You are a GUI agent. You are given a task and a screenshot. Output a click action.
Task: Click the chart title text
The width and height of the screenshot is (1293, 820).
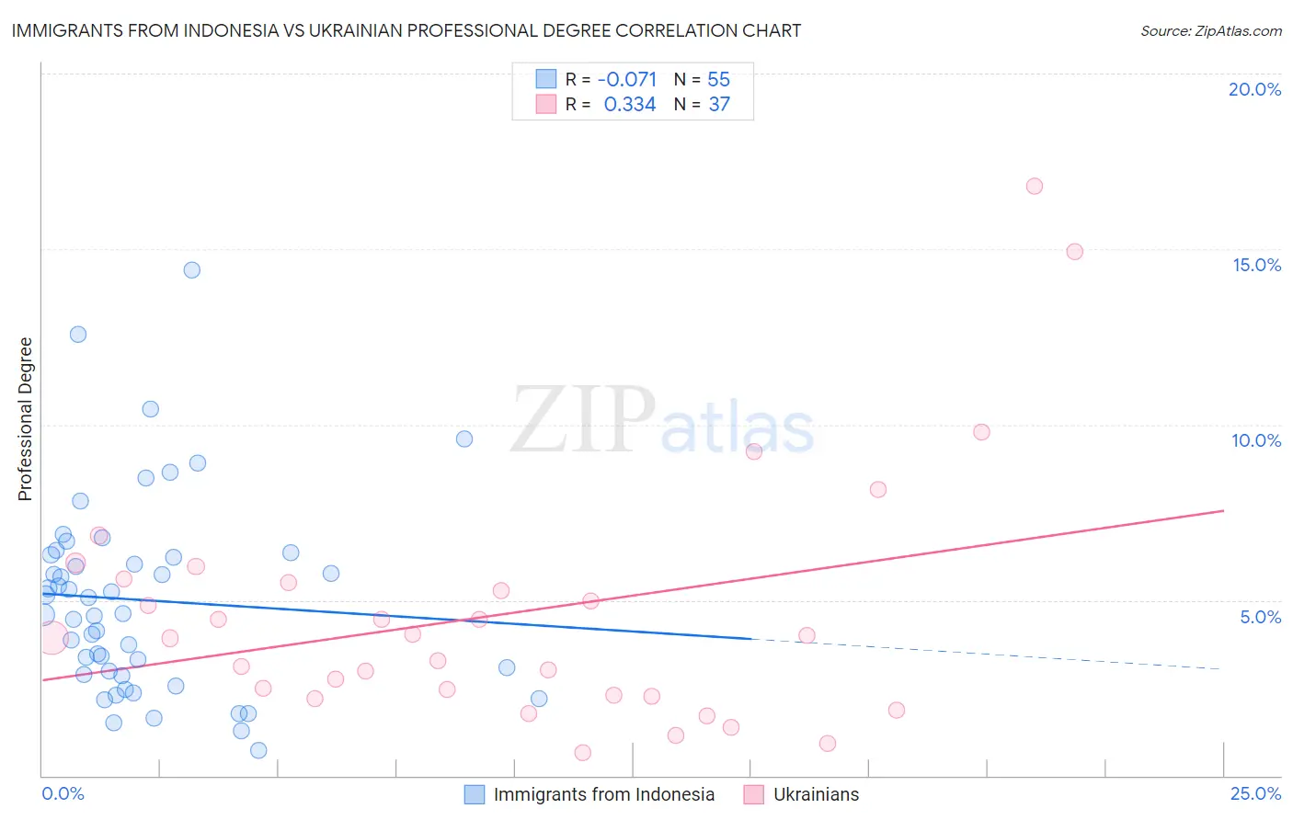(406, 30)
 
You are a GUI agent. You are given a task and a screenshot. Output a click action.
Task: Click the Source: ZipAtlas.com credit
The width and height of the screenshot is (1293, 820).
(1210, 30)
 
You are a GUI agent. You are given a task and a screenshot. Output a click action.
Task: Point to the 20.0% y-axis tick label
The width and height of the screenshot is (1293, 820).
(1254, 89)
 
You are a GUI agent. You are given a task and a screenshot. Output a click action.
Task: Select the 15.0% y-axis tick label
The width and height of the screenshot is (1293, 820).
(1256, 265)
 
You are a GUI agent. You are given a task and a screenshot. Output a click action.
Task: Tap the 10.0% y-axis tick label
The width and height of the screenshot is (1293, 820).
(1256, 440)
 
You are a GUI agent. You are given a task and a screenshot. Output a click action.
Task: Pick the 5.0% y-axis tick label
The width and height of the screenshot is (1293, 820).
(1260, 617)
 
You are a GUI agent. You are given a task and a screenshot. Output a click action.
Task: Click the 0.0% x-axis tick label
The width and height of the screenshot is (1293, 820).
(63, 793)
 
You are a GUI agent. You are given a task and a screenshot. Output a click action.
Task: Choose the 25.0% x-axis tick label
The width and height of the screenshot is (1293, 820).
(1255, 793)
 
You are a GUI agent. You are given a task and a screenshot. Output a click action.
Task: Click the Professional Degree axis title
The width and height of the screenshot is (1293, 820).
(26, 419)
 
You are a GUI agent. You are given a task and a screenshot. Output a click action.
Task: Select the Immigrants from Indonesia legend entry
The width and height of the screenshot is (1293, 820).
(589, 794)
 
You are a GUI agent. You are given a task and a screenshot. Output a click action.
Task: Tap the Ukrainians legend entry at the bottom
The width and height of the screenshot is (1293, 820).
(801, 794)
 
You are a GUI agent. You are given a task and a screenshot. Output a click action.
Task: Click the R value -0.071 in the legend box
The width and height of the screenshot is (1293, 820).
(627, 80)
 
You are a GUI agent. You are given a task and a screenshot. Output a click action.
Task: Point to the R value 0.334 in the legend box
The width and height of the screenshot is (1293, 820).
(630, 105)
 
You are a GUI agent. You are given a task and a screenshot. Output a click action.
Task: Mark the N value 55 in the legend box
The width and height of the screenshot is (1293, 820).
(718, 80)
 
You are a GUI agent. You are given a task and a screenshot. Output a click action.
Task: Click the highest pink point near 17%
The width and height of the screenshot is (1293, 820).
(1034, 186)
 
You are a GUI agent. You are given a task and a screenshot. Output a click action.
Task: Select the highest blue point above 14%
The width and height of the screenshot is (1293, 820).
(191, 269)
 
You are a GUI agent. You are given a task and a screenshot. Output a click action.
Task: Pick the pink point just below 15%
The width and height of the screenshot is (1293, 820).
(1074, 251)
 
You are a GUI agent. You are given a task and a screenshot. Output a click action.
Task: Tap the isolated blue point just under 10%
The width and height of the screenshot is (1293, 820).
(464, 438)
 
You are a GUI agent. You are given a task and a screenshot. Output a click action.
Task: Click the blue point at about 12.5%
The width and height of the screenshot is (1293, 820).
(78, 334)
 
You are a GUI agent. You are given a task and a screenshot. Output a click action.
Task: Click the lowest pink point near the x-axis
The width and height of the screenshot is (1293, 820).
(582, 752)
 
